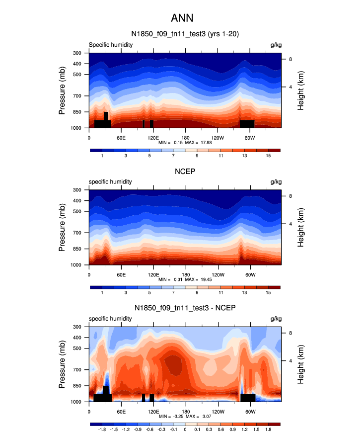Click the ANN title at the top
point(182,18)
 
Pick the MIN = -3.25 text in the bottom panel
point(169,416)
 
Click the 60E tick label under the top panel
point(121,137)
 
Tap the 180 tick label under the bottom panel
point(185,411)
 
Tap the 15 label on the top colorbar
point(268,157)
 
